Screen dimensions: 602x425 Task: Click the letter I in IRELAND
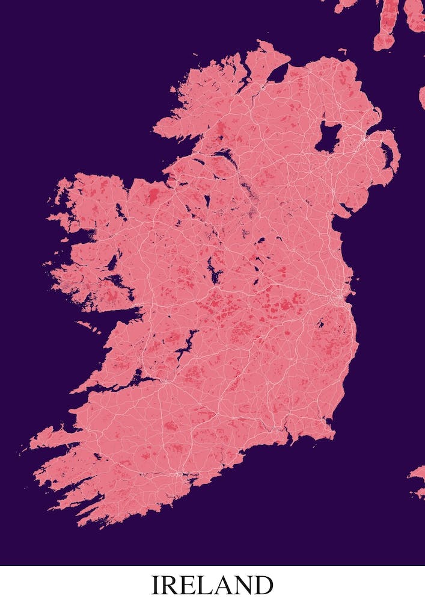(155, 585)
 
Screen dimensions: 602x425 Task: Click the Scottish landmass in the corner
(397, 24)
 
